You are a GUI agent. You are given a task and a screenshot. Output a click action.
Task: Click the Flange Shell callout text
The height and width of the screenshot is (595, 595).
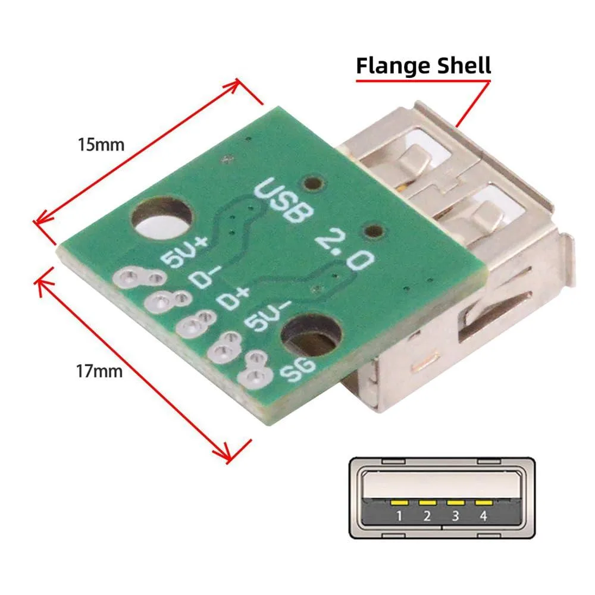424,66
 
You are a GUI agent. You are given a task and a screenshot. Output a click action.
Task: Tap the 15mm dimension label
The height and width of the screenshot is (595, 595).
101,145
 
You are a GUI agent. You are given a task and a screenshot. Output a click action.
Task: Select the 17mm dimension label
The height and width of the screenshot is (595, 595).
99,371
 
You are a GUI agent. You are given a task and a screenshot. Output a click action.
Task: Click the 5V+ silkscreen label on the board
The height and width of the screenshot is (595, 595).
184,251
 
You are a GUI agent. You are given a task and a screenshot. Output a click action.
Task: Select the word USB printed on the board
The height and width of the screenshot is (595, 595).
284,200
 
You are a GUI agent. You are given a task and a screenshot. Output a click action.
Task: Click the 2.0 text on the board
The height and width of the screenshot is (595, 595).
345,249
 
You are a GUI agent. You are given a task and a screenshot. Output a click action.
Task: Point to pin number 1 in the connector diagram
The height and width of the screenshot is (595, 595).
399,516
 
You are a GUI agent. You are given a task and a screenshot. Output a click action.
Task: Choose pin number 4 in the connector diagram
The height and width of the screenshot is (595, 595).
483,516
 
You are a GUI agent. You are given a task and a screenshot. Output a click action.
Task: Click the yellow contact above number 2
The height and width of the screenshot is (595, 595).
427,503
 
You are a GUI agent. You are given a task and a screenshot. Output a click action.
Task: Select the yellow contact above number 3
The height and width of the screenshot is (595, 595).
455,503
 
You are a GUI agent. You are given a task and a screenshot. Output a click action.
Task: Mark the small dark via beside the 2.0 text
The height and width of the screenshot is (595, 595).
373,231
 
